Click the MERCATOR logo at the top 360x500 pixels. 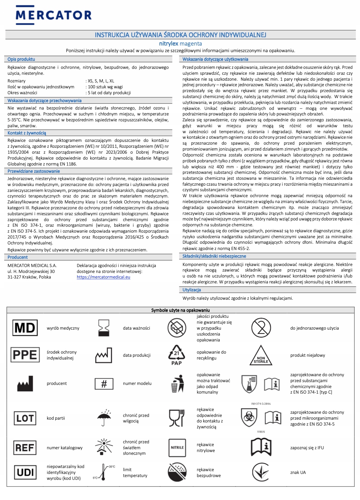tap(54, 14)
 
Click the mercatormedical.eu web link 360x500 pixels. tap(103, 277)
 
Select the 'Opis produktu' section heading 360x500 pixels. tap(21, 59)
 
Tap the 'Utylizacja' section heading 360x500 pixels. tap(192, 290)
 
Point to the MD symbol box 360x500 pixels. tap(25, 328)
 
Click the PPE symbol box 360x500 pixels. tap(25, 355)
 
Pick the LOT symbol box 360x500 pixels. tap(25, 418)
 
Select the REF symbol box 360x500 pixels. tap(25, 447)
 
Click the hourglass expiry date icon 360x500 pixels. tap(104, 328)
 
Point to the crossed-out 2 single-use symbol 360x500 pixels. tap(261, 328)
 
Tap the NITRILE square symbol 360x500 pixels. tap(177, 447)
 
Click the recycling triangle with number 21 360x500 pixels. tap(177, 355)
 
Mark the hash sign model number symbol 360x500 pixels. tap(104, 384)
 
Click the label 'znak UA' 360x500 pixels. tap(298, 473)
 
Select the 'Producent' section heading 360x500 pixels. tap(18, 257)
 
